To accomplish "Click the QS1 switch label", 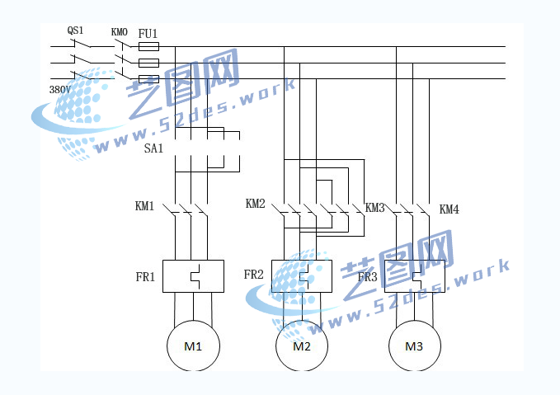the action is (x=75, y=31).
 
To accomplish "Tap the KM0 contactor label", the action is (x=120, y=32).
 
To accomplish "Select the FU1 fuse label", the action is (x=148, y=34).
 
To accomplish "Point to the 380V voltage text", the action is (x=59, y=90).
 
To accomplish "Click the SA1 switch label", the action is (x=153, y=148).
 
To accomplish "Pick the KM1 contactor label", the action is (x=144, y=206).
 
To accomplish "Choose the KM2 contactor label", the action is (x=256, y=204).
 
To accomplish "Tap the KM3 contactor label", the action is (x=374, y=208).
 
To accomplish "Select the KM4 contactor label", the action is (x=449, y=209).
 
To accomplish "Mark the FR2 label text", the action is (x=253, y=275).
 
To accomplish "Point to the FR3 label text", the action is (x=368, y=277).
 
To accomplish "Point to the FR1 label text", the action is (x=145, y=277).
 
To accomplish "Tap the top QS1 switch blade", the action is (x=82, y=43).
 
